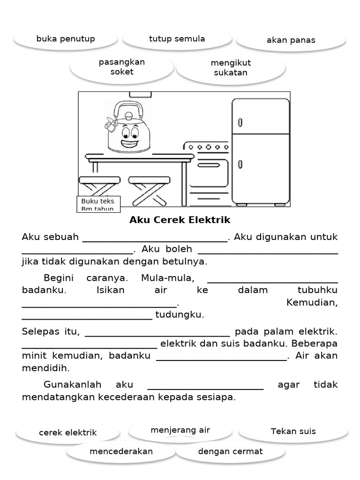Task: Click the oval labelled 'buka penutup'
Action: coord(66,39)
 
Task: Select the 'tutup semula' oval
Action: coord(177,39)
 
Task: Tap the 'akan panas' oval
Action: coord(291,40)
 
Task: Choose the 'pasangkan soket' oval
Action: coord(122,67)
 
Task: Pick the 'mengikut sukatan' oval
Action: coord(231,67)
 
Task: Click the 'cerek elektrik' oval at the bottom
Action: coord(67,433)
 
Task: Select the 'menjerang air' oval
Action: coord(180,430)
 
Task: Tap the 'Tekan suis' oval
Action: coord(293,431)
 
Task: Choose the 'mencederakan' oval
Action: coord(121,452)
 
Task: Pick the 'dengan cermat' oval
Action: coord(230,452)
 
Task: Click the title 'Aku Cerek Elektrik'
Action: coord(180,220)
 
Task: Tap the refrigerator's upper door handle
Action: coord(240,122)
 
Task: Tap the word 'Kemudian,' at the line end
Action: coord(311,302)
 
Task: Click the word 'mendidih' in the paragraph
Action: coord(45,368)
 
